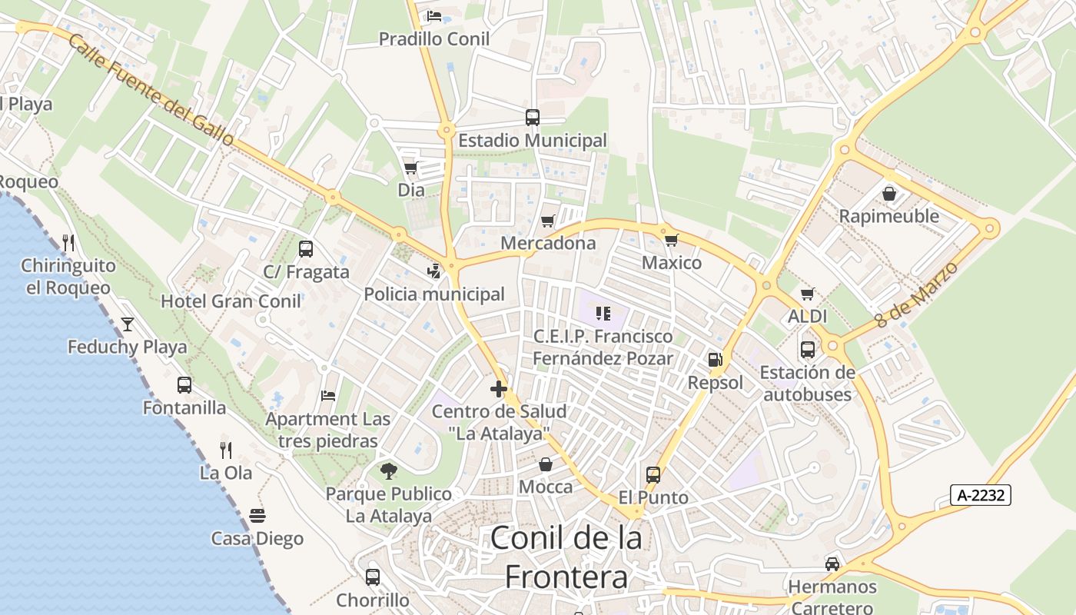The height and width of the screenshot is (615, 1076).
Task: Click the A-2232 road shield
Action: pos(980,495)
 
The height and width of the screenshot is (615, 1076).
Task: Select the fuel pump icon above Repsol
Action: pos(715,360)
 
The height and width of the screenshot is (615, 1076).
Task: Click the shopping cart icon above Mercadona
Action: pos(548,221)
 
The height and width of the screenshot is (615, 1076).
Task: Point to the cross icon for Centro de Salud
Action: pos(498,389)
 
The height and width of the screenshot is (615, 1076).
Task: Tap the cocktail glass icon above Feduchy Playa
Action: pos(128,324)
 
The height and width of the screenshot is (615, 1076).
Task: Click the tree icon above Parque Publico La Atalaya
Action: pos(389,470)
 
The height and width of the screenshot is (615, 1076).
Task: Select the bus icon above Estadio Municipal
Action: pos(532,118)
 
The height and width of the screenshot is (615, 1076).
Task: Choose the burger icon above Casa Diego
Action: pos(257,516)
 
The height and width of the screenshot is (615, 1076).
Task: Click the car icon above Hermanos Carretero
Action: pos(832,564)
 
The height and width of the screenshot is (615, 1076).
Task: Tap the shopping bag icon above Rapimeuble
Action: pos(889,194)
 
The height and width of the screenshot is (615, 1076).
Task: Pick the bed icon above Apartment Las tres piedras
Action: pos(328,396)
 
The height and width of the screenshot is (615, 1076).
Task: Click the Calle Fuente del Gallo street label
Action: pos(151,90)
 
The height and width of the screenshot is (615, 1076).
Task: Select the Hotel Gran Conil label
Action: pos(231,301)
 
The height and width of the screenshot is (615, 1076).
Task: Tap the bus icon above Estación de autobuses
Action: pos(807,350)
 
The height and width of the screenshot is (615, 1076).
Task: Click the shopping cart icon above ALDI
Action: pos(807,294)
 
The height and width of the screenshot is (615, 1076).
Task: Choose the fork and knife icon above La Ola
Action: pos(226,450)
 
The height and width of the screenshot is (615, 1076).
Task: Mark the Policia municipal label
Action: pos(434,294)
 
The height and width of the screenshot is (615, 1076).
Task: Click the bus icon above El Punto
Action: pos(653,475)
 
